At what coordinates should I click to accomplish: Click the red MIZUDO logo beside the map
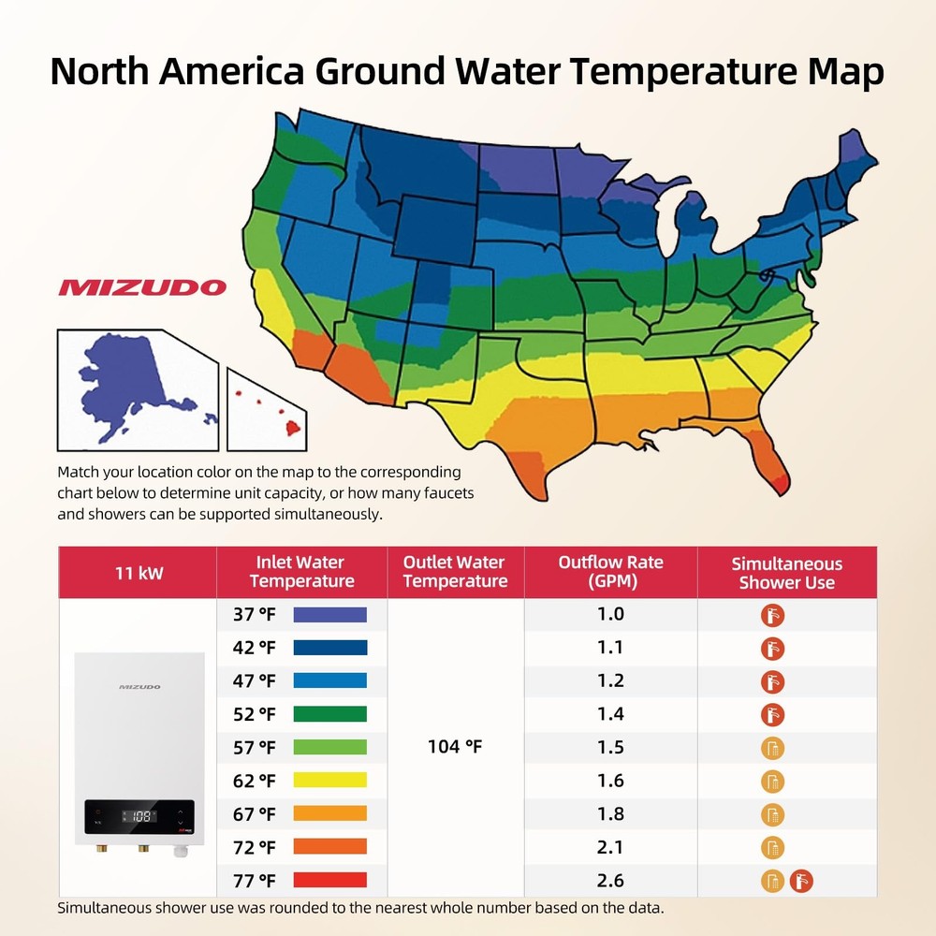[x=142, y=287]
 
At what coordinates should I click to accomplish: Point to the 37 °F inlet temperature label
[x=254, y=615]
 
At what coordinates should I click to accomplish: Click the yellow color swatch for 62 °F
[x=329, y=781]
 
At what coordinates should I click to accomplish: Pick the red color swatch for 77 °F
[x=329, y=880]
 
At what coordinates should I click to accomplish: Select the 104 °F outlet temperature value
[x=455, y=747]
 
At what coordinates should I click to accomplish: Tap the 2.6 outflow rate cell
[x=610, y=880]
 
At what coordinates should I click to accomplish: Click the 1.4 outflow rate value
[x=610, y=714]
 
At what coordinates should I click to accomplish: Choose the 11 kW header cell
[x=138, y=572]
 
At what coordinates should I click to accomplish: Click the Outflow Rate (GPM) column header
[x=610, y=572]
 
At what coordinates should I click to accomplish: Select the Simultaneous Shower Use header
[x=786, y=573]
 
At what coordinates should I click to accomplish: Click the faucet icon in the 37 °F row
[x=772, y=615]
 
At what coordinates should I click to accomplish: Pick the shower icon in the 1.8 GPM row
[x=772, y=814]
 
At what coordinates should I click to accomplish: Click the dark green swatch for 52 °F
[x=329, y=714]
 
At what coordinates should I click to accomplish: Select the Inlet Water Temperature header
[x=301, y=572]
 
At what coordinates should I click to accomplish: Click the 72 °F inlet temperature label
[x=254, y=847]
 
